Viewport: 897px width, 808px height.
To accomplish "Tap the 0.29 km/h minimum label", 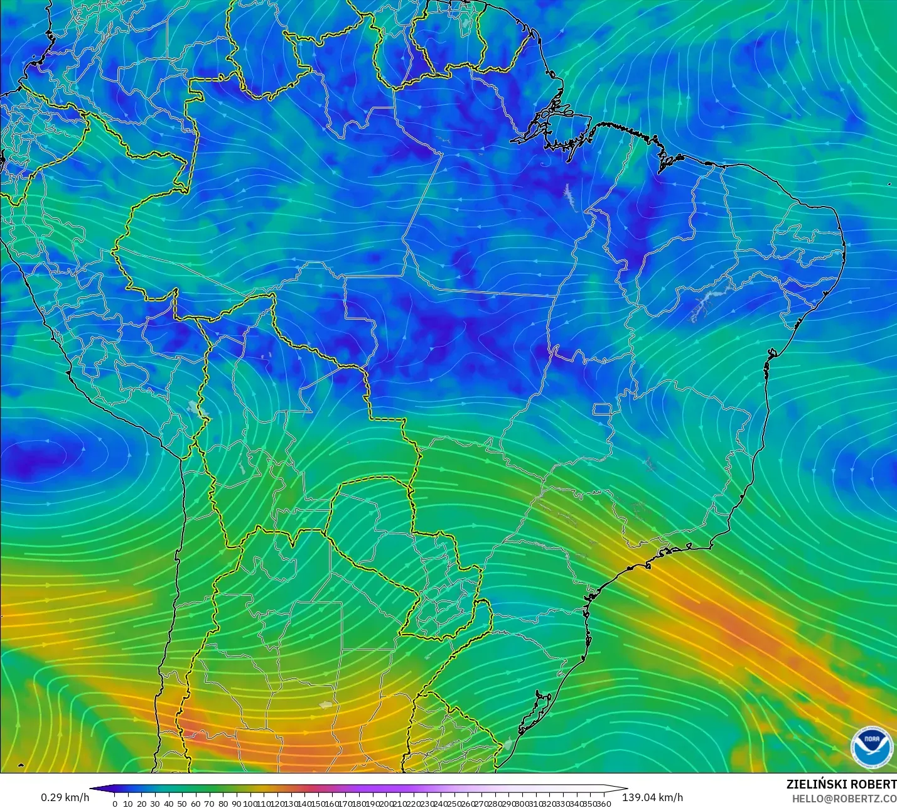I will click(65, 797).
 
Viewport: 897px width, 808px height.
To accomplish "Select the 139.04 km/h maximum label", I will click(652, 797).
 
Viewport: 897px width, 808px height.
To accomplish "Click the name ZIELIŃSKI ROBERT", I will click(841, 784).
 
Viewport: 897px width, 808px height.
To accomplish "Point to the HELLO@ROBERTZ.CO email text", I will click(844, 799).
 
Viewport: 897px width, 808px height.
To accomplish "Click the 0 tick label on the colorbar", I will click(115, 804).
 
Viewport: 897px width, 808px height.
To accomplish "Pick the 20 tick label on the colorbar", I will click(141, 804).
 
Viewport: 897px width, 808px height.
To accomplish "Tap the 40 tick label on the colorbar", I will click(168, 804).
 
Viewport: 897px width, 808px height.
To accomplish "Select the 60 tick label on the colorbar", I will click(195, 804).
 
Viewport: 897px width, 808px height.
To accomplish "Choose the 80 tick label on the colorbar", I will click(222, 804).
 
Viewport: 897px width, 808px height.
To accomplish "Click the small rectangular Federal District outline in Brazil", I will click(603, 410).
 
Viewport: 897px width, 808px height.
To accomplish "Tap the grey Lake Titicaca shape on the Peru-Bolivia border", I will click(200, 409).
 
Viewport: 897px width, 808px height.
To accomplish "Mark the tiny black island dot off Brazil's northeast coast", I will click(889, 184).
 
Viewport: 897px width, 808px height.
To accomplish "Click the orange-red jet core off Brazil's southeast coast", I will click(734, 625).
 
